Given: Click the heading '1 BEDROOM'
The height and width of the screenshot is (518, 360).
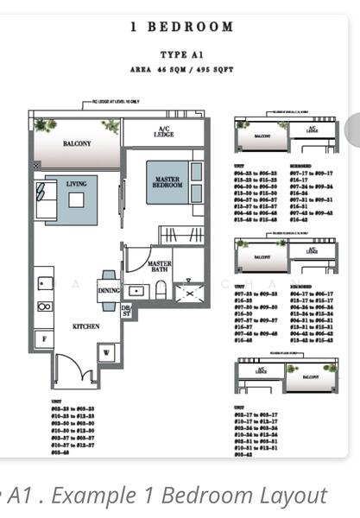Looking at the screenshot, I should tap(181, 27).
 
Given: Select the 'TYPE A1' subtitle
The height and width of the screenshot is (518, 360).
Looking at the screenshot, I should tap(181, 54).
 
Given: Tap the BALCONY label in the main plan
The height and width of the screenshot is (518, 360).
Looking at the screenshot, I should tap(76, 144).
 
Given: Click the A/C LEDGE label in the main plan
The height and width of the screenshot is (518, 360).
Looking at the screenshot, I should tap(163, 132).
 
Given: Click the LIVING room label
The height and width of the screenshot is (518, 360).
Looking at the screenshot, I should tap(76, 184).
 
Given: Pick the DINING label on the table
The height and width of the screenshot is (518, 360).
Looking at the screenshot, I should tap(109, 291).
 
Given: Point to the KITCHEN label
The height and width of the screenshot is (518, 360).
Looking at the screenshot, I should tap(85, 326).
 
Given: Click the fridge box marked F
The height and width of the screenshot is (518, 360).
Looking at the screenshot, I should tap(43, 339).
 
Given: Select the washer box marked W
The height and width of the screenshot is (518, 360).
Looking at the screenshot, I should tap(108, 351).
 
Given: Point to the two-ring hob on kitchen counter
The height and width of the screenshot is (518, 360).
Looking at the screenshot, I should tap(44, 306).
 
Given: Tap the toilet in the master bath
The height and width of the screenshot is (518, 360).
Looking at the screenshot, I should tap(160, 289).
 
